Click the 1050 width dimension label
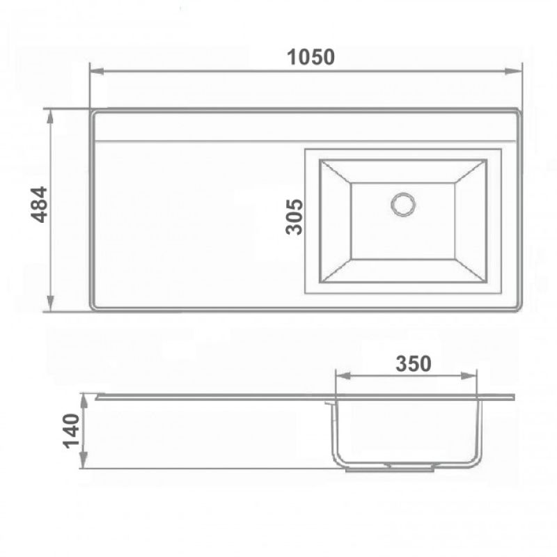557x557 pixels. pos(311,57)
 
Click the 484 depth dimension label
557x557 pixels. pos(40,204)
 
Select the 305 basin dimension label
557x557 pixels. pos(295,217)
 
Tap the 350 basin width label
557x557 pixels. pos(414,363)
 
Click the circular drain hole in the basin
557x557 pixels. pos(403,204)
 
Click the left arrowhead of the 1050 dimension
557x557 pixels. pos(96,70)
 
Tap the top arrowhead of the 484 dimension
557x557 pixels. pos(50,116)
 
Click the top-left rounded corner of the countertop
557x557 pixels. pos(94,112)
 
